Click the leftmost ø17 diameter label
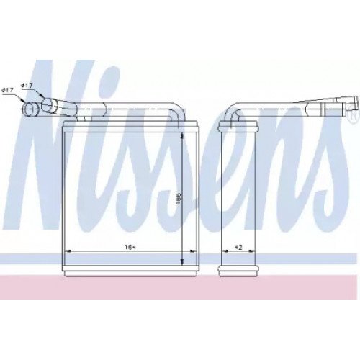pyautogui.click(x=7, y=90)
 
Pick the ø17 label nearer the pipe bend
pyautogui.click(x=27, y=86)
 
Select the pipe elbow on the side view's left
pyautogui.click(x=230, y=112)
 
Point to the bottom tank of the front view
pyautogui.click(x=130, y=269)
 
